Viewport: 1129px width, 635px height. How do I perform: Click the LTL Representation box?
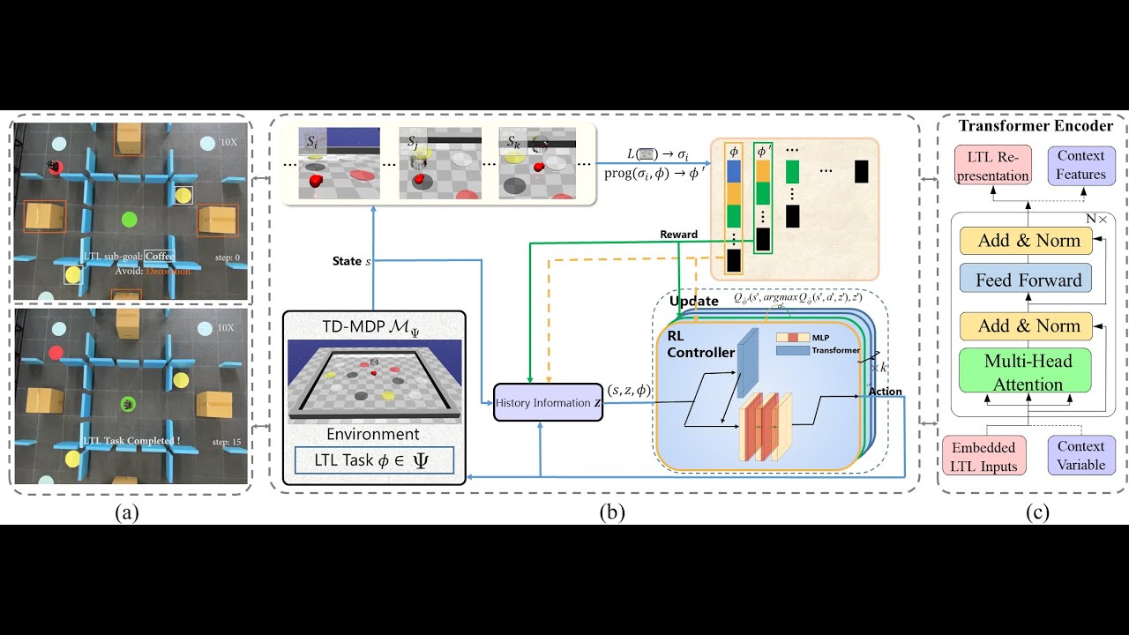992,165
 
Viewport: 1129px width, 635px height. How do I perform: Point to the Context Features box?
1081,165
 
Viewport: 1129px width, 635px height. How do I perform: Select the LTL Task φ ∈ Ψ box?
374,460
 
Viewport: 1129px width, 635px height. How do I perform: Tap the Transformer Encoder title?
1036,125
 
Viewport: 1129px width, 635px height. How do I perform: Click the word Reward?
678,235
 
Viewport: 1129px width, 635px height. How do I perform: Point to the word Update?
694,302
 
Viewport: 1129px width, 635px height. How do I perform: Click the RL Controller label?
701,345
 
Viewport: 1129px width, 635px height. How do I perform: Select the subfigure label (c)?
1037,512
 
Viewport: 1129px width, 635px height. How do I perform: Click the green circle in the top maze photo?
129,219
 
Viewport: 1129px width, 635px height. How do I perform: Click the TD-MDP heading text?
373,327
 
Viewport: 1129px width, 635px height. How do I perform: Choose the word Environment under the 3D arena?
373,434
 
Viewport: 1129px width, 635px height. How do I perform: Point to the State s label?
351,261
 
